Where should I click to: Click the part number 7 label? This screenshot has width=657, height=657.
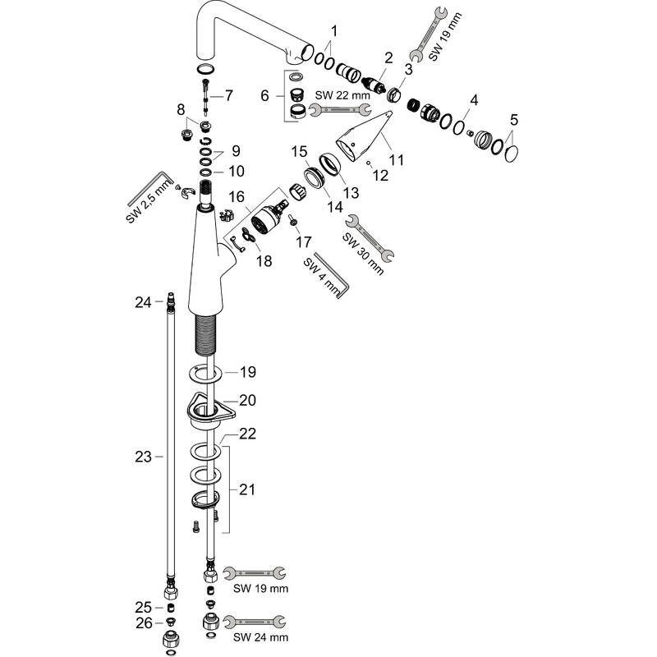(228, 95)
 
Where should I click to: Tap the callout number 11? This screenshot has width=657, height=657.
(396, 159)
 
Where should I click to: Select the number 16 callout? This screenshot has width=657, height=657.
(237, 196)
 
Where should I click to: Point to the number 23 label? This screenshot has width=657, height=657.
(143, 457)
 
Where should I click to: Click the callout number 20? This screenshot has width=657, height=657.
(247, 400)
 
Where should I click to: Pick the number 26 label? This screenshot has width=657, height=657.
(144, 623)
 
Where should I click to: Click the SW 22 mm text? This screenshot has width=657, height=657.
(342, 95)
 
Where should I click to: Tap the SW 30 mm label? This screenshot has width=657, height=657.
(363, 254)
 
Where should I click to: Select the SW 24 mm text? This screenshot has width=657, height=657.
(260, 638)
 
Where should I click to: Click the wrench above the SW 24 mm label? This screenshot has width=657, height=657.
(255, 622)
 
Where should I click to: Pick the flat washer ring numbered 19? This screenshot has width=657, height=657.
(204, 374)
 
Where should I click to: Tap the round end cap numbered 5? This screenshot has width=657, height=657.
(512, 154)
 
